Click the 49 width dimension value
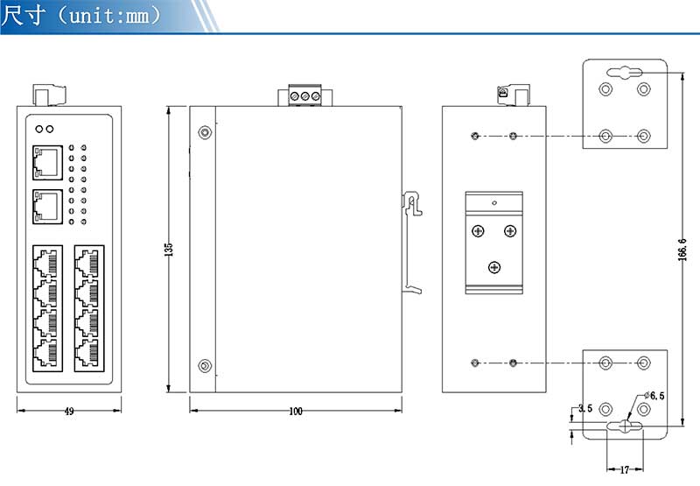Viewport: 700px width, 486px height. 68,411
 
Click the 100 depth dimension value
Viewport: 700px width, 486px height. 296,411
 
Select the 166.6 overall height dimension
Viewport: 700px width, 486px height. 682,250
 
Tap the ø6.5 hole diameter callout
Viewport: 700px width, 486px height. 654,396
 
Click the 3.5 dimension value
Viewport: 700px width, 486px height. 585,408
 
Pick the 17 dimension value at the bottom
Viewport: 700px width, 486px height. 624,469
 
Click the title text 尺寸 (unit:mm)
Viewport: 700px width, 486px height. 82,16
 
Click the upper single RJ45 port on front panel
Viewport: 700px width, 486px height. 46,160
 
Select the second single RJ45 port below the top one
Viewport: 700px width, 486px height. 46,206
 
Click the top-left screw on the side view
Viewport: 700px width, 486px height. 204,133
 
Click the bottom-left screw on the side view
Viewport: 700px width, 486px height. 204,365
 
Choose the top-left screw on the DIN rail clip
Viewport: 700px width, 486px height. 478,231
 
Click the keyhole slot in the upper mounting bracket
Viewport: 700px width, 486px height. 625,74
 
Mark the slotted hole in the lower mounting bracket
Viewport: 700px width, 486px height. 625,426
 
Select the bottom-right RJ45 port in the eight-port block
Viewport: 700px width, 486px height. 88,354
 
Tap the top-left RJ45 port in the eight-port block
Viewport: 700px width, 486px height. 45,260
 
